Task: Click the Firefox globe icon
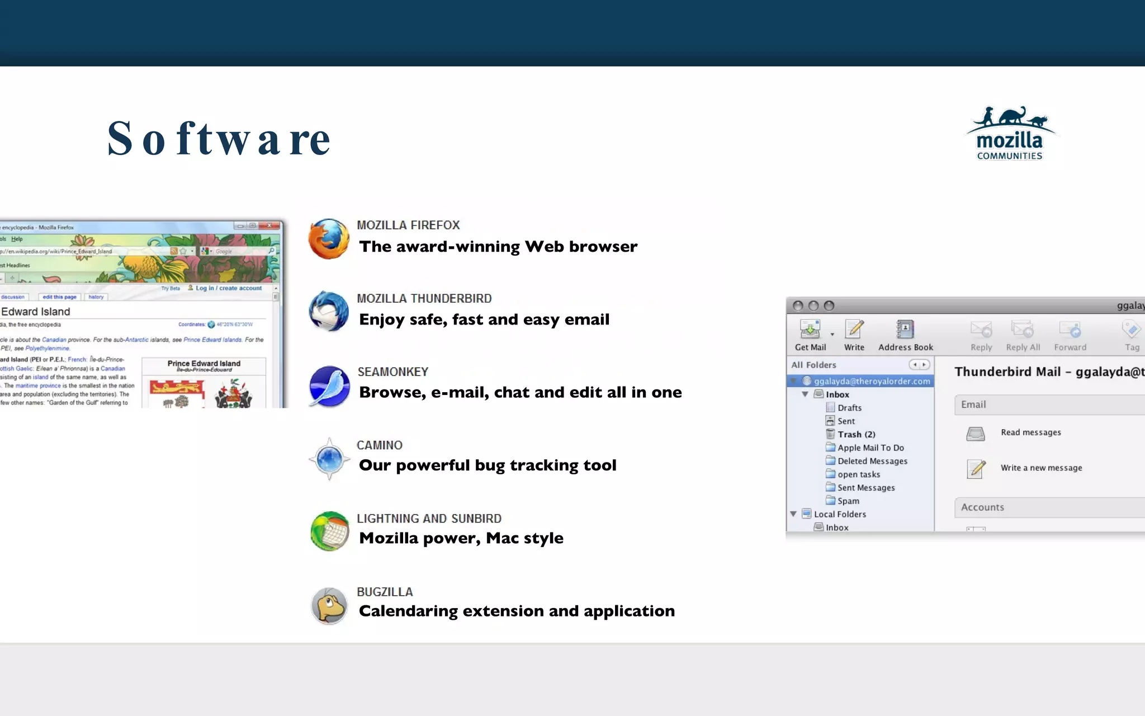tap(329, 239)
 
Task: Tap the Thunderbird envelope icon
tap(329, 312)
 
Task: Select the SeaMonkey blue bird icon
tap(329, 386)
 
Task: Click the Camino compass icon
tap(329, 459)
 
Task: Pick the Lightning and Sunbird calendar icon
tap(329, 531)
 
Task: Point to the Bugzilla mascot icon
tap(329, 605)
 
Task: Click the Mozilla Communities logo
tap(1010, 134)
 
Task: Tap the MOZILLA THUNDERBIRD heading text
tap(424, 299)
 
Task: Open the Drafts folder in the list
tap(849, 408)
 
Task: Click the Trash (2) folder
tap(856, 435)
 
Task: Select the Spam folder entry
tap(848, 501)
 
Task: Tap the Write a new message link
tap(1041, 468)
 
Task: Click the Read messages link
tap(1030, 432)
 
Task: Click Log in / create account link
tap(228, 288)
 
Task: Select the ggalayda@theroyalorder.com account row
tap(871, 381)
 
